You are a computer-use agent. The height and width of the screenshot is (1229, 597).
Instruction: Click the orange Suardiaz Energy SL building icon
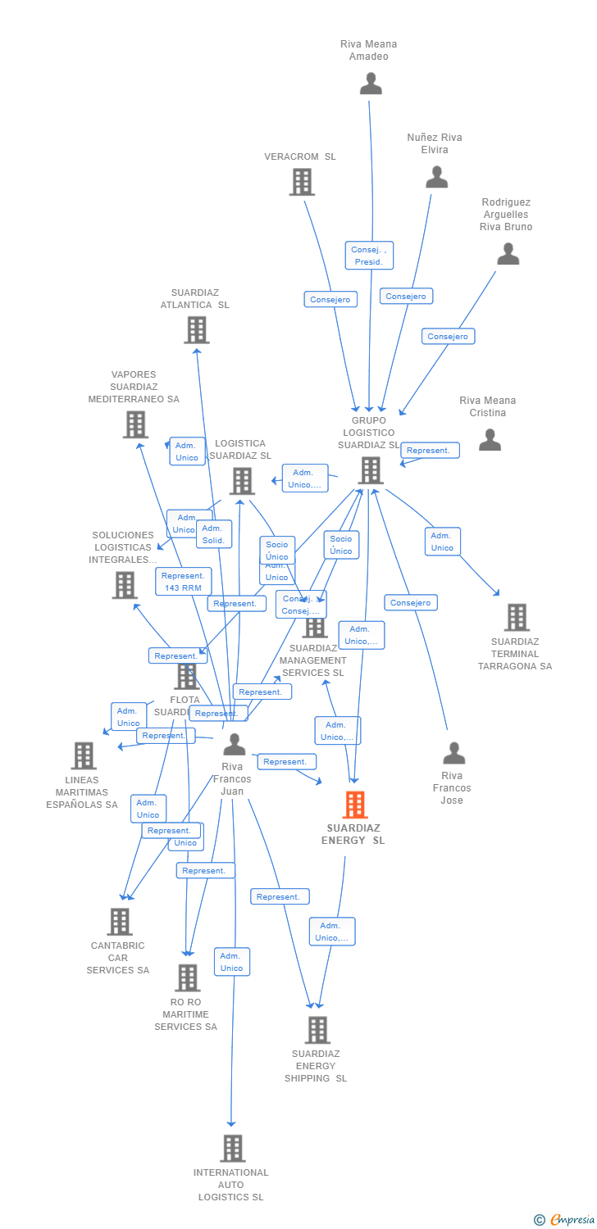pos(355,805)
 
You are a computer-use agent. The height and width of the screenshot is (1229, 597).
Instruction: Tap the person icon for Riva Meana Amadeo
pos(371,84)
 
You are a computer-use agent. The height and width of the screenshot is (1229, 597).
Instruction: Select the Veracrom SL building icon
pos(302,182)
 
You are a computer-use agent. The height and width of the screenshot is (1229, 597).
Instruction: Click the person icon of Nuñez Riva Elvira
pos(436,177)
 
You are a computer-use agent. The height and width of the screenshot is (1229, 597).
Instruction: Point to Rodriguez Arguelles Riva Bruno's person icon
pos(508,254)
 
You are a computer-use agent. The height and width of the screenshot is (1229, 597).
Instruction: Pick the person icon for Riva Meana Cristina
pos(490,440)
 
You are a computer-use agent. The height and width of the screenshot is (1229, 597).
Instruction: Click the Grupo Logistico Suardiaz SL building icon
pos(371,470)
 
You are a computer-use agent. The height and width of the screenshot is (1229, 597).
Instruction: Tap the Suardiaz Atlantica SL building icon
pos(196,329)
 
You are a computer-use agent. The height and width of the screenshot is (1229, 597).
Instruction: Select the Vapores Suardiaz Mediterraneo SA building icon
pos(135,424)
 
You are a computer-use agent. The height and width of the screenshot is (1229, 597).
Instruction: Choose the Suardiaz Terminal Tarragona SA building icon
pos(516,617)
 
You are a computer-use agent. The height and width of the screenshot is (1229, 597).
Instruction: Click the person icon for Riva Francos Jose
pos(453,753)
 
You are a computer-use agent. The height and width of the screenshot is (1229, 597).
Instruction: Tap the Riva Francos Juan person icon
pos(235,744)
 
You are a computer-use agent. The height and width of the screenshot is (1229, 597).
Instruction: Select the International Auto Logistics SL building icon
pos(232,1148)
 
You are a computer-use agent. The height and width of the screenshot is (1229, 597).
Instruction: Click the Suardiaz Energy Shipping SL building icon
pos(317,1030)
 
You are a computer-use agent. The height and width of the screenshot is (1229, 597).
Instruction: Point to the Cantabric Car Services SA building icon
pos(120,922)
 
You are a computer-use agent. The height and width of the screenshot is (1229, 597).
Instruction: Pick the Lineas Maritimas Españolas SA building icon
pos(84,755)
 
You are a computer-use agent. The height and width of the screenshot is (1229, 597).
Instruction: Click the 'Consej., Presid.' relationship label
pos(369,256)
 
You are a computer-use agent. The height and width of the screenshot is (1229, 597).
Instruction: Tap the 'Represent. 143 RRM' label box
pos(183,582)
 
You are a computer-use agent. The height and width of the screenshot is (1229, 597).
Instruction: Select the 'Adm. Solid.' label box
pos(215,534)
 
